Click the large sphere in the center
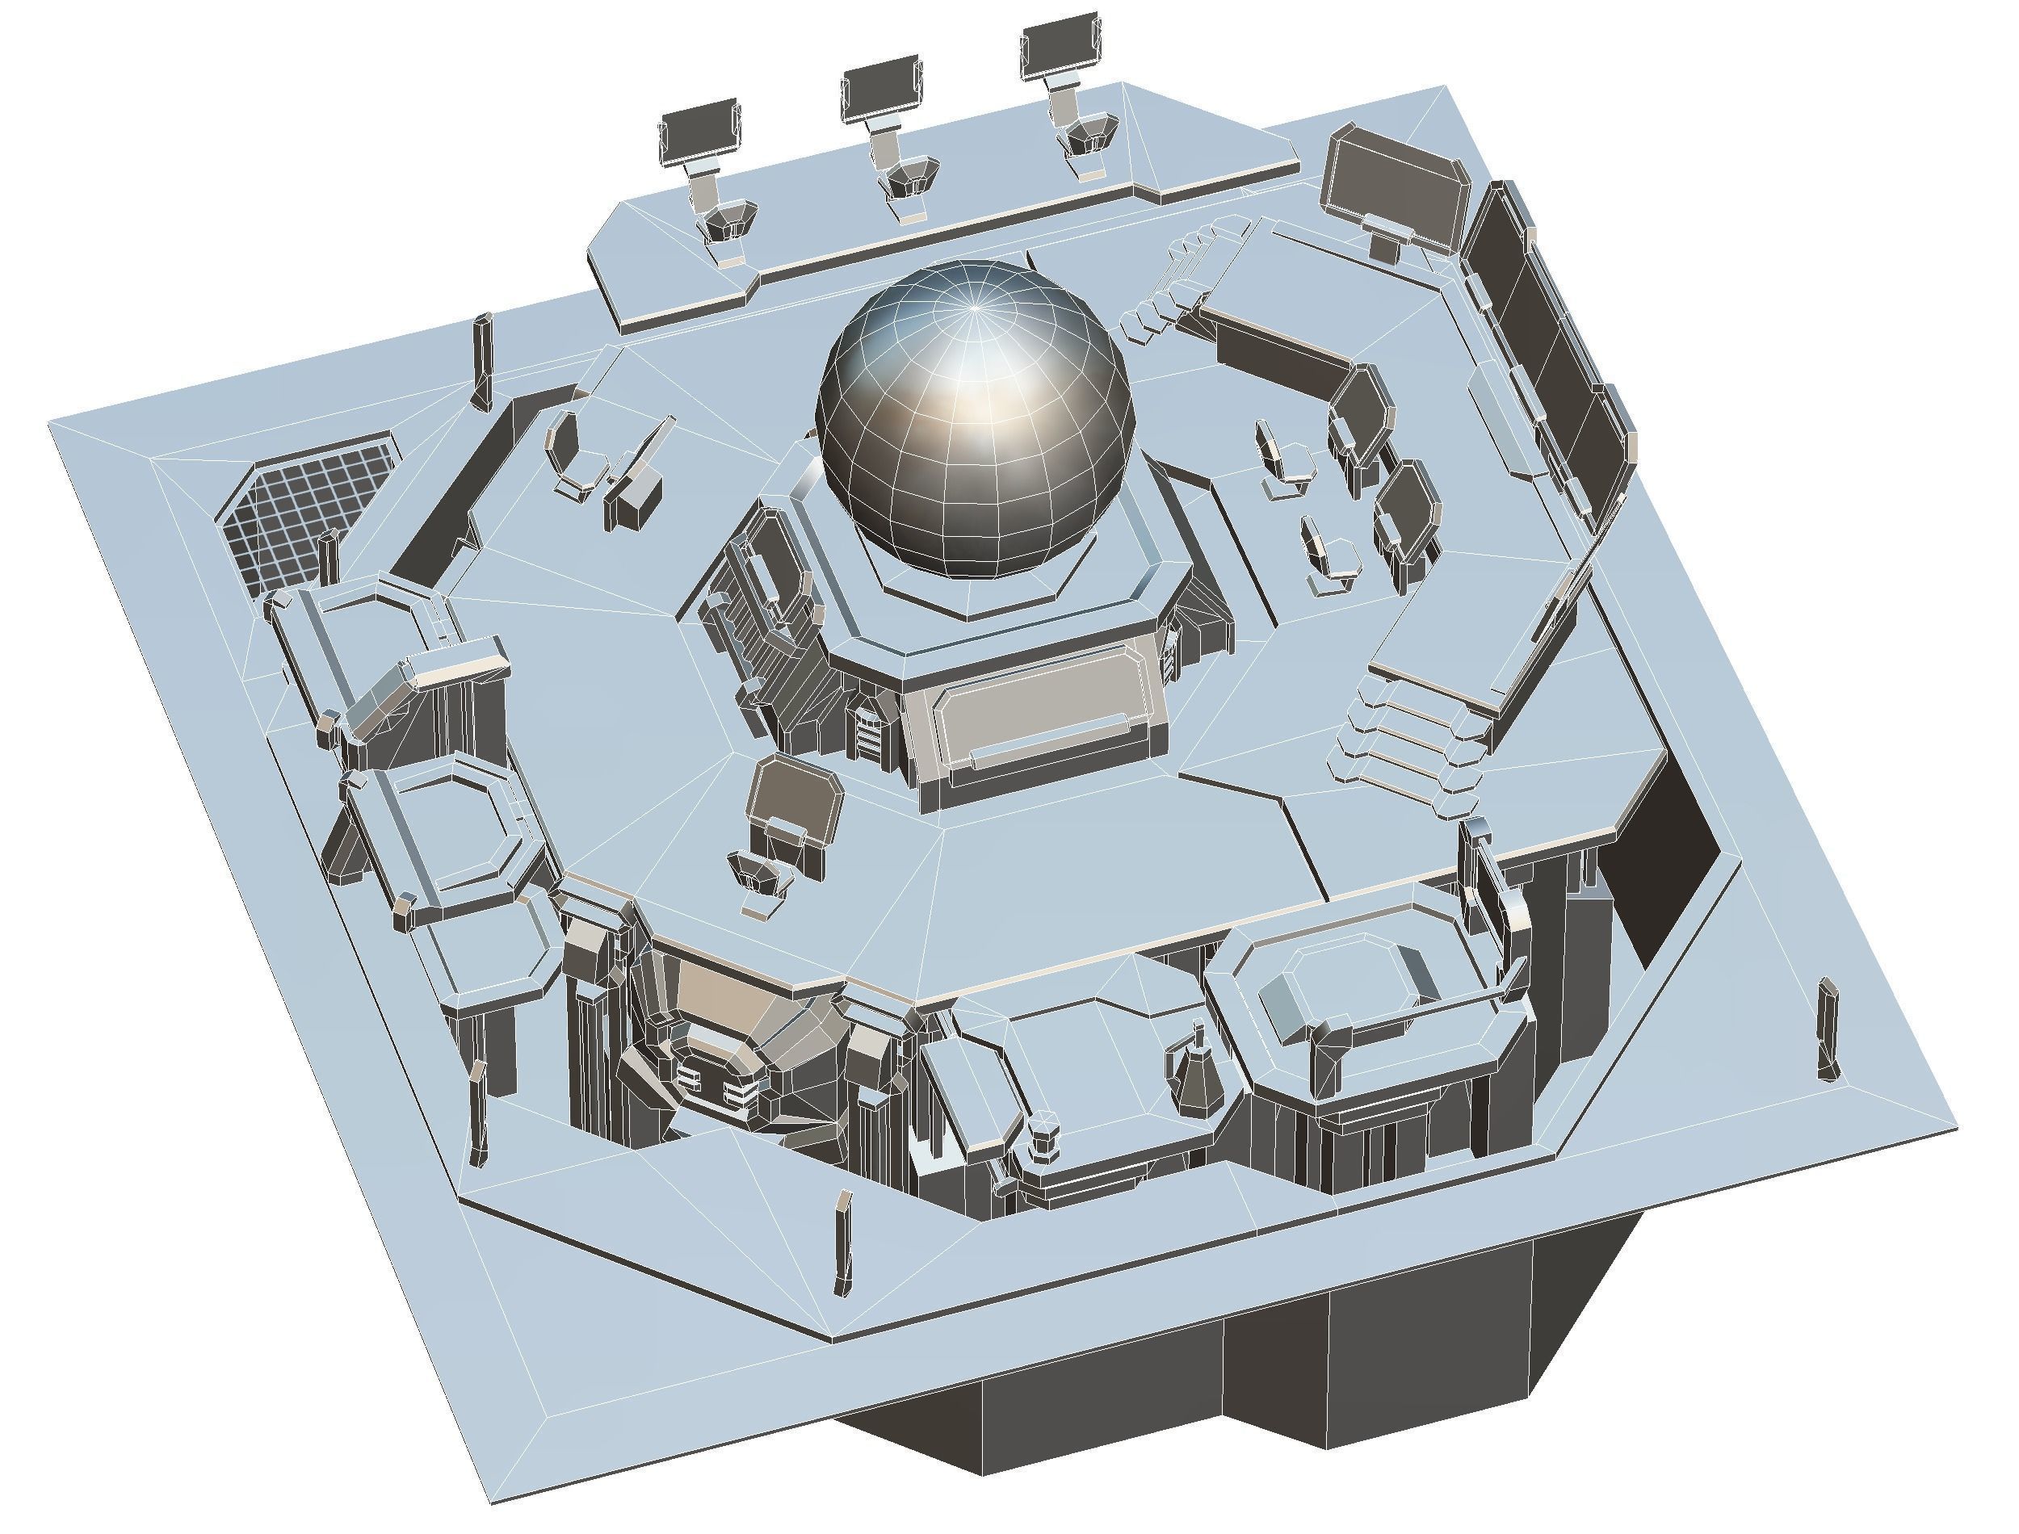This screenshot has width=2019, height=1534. pos(974,420)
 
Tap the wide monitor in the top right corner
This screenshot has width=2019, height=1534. pos(1388,187)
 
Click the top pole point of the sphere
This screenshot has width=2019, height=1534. pos(976,308)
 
